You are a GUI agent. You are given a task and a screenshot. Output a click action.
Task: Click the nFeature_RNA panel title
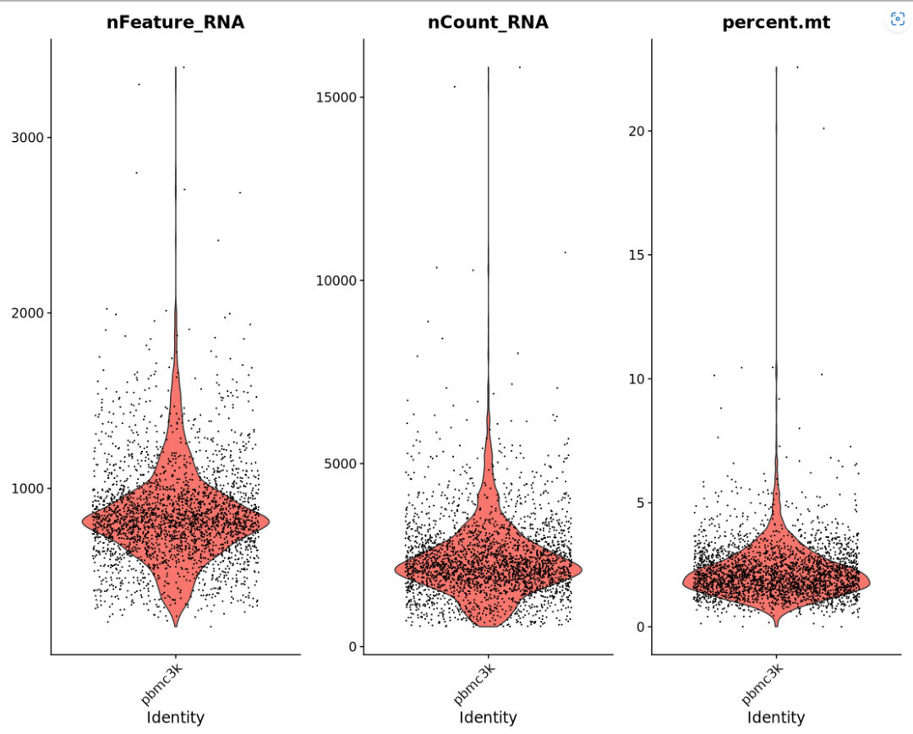(x=175, y=23)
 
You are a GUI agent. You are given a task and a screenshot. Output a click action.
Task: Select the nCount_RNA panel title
(x=488, y=23)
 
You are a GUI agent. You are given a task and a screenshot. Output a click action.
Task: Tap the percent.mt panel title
(x=775, y=23)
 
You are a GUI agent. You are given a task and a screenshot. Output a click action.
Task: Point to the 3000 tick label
(x=29, y=138)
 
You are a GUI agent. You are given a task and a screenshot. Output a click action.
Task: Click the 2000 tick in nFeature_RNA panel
(x=29, y=313)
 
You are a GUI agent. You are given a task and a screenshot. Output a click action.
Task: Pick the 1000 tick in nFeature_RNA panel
(x=29, y=488)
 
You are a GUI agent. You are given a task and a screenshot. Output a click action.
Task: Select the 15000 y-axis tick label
(x=336, y=97)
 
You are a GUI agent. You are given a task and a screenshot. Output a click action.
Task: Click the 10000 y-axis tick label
(x=336, y=280)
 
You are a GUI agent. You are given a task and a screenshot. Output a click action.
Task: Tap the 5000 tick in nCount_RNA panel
(x=339, y=464)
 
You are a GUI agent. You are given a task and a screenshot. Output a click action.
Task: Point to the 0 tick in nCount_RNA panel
(x=351, y=647)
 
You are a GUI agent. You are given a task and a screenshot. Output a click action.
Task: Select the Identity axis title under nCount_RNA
(x=488, y=718)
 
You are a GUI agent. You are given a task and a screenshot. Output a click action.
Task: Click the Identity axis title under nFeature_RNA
(x=175, y=718)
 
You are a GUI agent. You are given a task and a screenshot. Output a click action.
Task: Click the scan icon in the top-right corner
(x=898, y=19)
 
